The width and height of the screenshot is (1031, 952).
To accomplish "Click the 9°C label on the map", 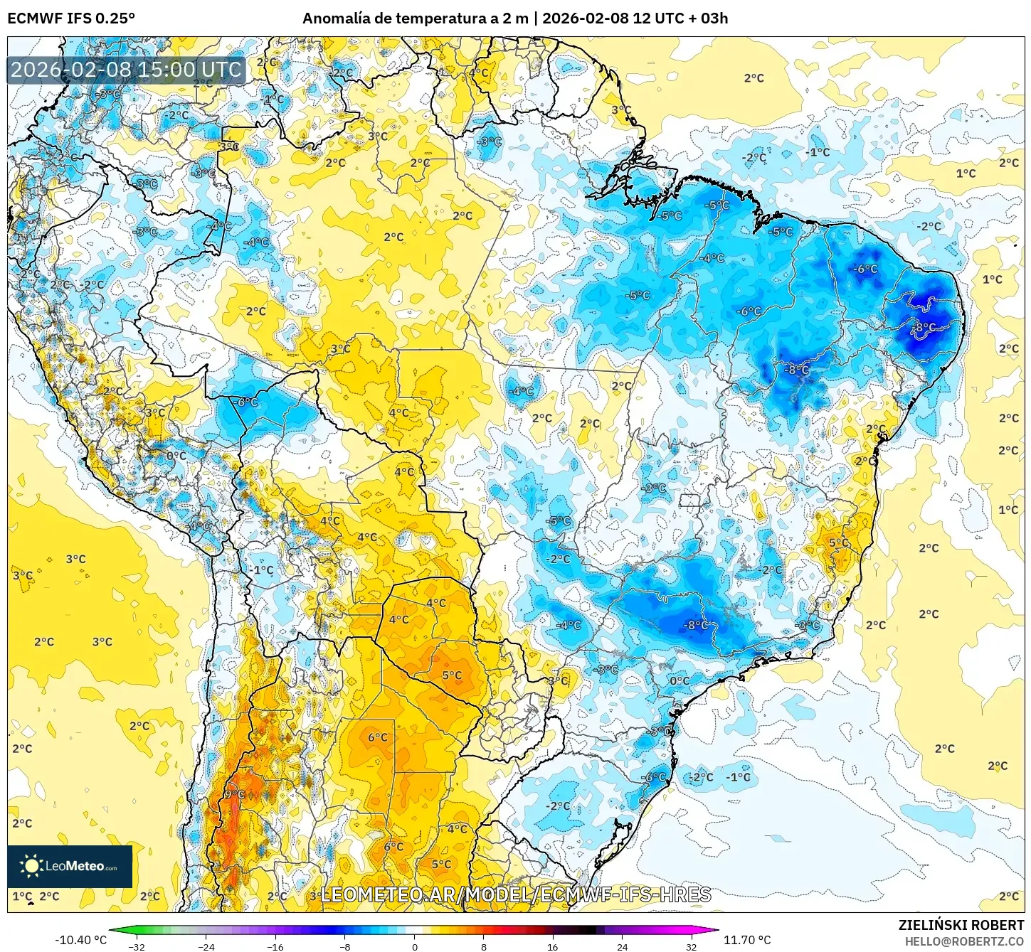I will tap(234, 794).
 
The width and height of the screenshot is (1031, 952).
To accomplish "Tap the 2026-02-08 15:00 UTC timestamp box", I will tap(127, 70).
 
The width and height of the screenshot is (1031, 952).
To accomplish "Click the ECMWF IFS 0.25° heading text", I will tap(71, 18).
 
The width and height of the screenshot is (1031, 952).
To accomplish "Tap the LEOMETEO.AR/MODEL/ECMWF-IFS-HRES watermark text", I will tap(516, 894).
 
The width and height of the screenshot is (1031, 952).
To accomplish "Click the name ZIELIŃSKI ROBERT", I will tap(961, 925).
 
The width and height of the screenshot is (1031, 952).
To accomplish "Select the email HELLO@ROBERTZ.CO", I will tap(964, 941).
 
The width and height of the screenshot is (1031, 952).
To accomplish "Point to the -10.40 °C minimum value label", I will tap(80, 940).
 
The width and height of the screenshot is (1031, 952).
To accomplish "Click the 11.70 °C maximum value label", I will tap(747, 940).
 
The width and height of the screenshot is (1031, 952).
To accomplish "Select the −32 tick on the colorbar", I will tap(137, 946).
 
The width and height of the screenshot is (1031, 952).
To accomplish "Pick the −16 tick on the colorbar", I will tap(275, 946).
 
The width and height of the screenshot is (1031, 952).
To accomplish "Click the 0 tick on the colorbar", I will tap(414, 946).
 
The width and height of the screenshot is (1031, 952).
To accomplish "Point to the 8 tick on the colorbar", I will tap(484, 946).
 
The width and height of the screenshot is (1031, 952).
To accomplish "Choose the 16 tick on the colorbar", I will tap(553, 946).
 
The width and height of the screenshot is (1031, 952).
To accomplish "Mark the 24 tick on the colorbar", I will tap(622, 946).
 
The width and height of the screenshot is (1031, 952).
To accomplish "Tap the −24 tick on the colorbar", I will tap(206, 946).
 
